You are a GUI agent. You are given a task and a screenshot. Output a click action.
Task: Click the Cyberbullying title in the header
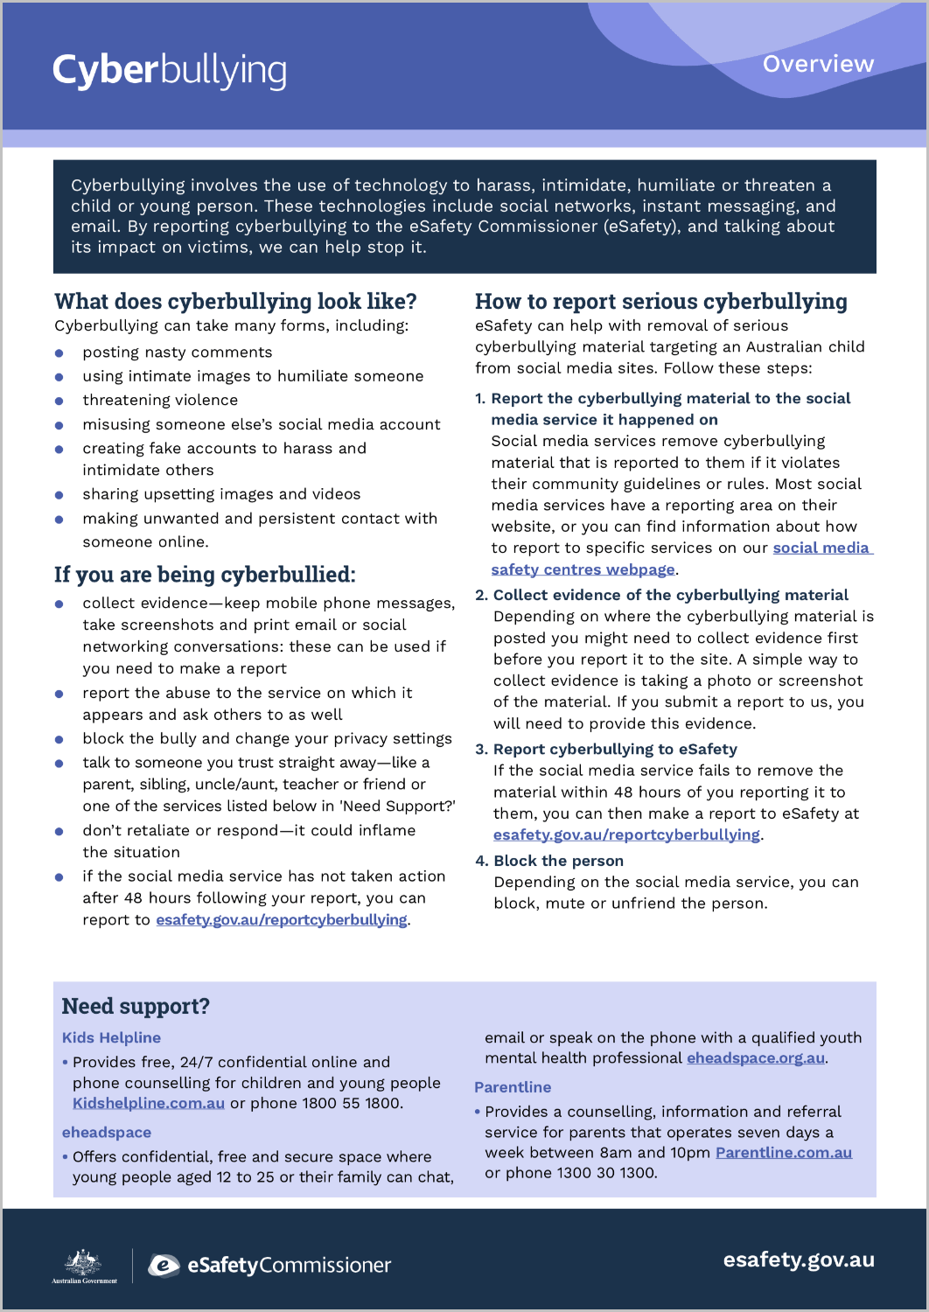[x=170, y=71]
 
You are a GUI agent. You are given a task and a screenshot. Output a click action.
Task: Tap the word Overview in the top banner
[x=818, y=64]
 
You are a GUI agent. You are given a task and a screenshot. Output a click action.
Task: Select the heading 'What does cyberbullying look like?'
[x=235, y=302]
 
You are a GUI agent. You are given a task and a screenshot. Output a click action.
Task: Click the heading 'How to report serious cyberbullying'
[x=660, y=302]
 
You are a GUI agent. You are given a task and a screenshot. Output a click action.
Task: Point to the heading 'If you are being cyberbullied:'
[x=205, y=575]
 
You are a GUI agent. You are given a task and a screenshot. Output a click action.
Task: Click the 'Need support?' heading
[x=136, y=1006]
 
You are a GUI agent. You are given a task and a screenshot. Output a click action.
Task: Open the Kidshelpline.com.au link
[x=149, y=1103]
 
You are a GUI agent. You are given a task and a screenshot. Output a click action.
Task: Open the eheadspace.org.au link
[x=756, y=1058]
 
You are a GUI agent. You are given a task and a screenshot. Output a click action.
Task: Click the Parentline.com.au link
[x=784, y=1153]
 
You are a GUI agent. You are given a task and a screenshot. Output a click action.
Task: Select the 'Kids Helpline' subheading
[x=111, y=1037]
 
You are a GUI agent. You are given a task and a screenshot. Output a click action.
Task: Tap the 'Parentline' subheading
[x=513, y=1087]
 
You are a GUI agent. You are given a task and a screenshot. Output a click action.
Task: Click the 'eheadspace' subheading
[x=107, y=1133]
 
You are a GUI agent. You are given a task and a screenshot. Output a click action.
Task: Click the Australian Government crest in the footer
[x=84, y=1265]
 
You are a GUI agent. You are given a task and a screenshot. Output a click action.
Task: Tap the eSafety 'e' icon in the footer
[x=164, y=1265]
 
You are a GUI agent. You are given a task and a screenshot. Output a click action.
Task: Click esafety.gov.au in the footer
[x=799, y=1260]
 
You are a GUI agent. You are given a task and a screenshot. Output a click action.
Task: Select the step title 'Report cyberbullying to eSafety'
[x=615, y=749]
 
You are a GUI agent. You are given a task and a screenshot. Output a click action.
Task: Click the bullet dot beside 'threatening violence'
[x=59, y=401]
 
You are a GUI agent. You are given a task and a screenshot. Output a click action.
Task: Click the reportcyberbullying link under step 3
[x=626, y=834]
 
